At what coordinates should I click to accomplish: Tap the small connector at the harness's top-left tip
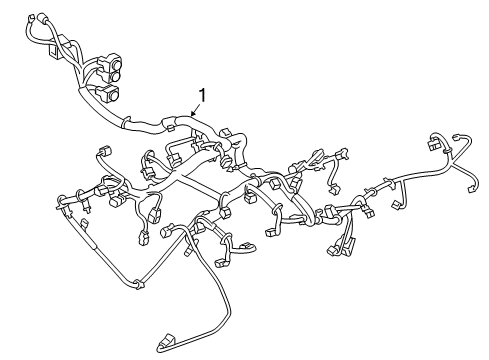[37, 18]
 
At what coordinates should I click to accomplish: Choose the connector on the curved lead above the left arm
[106, 151]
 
